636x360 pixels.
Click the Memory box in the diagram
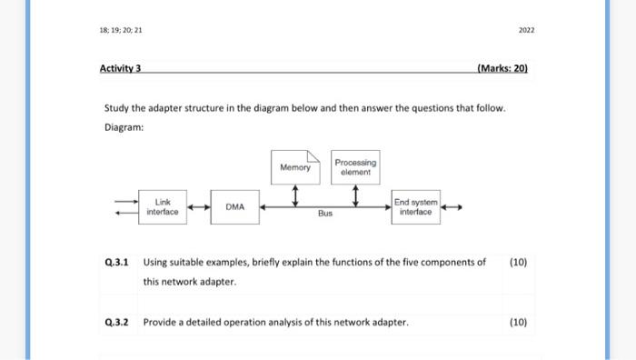pos(295,166)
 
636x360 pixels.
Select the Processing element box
pos(355,166)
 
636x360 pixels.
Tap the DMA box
pos(234,207)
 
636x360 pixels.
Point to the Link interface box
pos(163,206)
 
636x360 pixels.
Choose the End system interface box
pos(415,206)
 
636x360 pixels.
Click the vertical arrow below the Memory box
pos(295,195)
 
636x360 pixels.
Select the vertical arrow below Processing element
pos(355,195)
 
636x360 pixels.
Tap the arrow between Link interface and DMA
pos(198,207)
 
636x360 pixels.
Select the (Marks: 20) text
pos(502,68)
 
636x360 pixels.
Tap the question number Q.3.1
pos(116,262)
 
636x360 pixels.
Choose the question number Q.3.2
pos(116,322)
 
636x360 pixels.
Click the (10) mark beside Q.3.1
pos(518,262)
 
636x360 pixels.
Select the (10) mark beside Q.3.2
pos(518,322)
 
